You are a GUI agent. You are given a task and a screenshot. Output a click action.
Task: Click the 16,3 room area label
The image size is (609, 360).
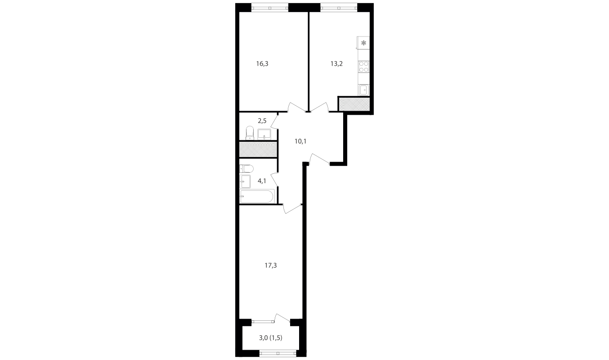coord(262,63)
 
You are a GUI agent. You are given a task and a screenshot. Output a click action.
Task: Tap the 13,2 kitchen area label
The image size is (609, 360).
coord(336,63)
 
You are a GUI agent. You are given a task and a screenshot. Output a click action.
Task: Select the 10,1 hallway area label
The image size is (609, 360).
coord(300,141)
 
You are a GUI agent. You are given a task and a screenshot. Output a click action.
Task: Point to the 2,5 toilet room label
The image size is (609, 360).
coord(262,121)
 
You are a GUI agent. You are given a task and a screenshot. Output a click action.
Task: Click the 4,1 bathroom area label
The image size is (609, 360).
coord(262,181)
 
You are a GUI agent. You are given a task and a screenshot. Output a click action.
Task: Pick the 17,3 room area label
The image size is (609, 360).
coord(271,265)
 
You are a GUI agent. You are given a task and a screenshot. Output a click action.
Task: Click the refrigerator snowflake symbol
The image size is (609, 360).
coord(363,43)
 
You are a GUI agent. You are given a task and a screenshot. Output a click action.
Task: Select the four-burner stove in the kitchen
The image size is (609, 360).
coord(364,67)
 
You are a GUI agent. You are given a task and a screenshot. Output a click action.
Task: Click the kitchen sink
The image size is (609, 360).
coord(364,90)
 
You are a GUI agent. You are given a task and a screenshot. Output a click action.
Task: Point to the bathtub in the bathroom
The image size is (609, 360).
coord(257,197)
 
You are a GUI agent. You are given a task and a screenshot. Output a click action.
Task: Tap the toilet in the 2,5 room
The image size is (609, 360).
coord(250,133)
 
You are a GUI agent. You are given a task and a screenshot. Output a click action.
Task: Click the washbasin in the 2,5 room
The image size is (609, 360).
coord(264,135)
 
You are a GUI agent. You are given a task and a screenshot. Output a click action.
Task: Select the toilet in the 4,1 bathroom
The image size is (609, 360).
coord(246,169)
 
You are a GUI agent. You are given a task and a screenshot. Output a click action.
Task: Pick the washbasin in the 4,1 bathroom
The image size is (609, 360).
coord(245,181)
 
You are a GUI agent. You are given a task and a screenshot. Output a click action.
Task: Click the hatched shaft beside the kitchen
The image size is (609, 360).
coord(354,104)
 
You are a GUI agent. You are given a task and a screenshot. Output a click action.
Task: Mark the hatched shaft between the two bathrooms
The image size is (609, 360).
coord(258,149)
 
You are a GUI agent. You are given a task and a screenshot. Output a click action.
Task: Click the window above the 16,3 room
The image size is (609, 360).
coord(270,8)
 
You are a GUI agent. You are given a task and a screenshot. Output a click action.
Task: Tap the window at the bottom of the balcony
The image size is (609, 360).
coord(278,353)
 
